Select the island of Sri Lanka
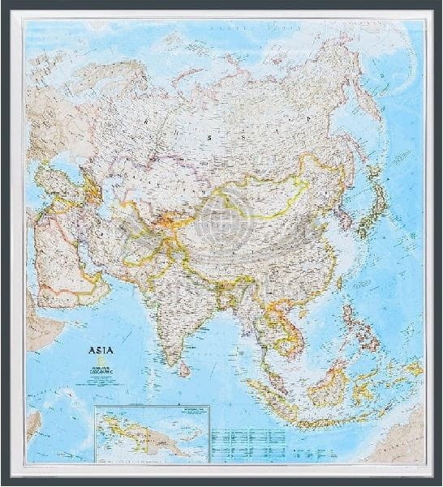coord(184,369)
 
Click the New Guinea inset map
coord(151,434)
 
